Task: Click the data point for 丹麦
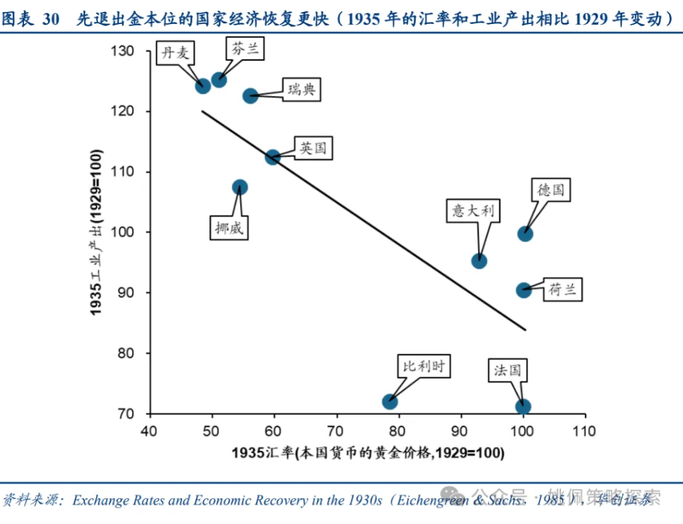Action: [x=203, y=85]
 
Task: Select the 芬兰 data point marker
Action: [x=219, y=79]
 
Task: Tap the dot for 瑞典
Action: [x=250, y=96]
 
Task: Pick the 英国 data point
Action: [x=273, y=157]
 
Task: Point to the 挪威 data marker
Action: [x=240, y=187]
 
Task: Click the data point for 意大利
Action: [x=479, y=261]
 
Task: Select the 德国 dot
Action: [x=525, y=233]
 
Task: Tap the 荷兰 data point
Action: [x=524, y=290]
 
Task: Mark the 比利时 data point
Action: [x=390, y=401]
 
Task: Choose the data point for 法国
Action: [x=524, y=407]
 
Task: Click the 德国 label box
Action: [x=551, y=190]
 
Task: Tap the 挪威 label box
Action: [x=229, y=227]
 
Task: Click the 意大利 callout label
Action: [x=473, y=211]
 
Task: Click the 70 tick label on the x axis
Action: [x=336, y=431]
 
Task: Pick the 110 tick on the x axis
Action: [x=585, y=431]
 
